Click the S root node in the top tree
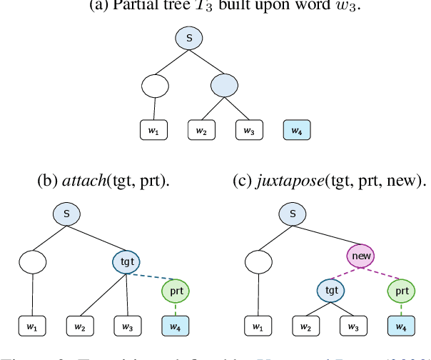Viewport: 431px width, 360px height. [189, 39]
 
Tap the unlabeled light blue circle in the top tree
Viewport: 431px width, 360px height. [225, 86]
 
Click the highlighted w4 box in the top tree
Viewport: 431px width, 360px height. [297, 131]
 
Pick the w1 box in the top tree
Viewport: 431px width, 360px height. [153, 131]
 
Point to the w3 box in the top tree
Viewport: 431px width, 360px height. [250, 131]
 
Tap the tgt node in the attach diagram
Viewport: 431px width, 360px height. [127, 261]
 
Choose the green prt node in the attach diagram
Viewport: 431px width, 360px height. [175, 291]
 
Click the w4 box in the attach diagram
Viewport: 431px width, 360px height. [175, 327]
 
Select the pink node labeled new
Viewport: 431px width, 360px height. [360, 255]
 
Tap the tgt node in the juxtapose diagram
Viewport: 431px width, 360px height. [330, 291]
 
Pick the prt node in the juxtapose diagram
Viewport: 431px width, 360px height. [402, 291]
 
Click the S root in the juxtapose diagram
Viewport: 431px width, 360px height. [291, 213]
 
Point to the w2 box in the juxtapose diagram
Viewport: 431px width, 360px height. [306, 327]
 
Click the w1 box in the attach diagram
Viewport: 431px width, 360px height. [31, 327]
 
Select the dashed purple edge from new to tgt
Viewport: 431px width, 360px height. [345, 273]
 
